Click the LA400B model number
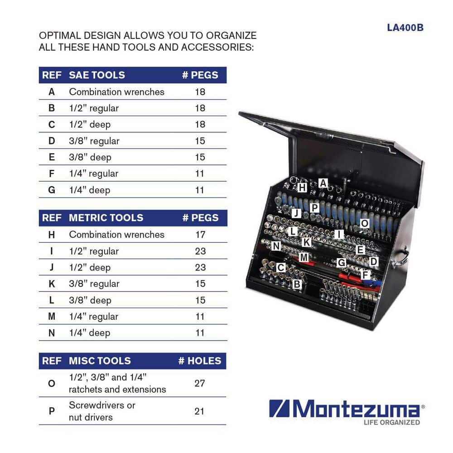[405, 28]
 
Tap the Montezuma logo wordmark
[347, 409]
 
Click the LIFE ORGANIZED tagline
[392, 422]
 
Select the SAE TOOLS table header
[97, 75]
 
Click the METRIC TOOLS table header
[106, 218]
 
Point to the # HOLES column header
[200, 361]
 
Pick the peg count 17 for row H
[200, 235]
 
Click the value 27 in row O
[200, 383]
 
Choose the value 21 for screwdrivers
[199, 411]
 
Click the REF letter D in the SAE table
[52, 141]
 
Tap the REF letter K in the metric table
[52, 284]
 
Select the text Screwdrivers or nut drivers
[102, 411]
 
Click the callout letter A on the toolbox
[323, 183]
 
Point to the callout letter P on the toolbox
[315, 208]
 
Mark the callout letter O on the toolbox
[365, 223]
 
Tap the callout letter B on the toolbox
[297, 284]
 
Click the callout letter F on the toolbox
[366, 275]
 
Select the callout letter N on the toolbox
[276, 246]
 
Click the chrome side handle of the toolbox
[400, 257]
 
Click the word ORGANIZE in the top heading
[231, 35]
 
